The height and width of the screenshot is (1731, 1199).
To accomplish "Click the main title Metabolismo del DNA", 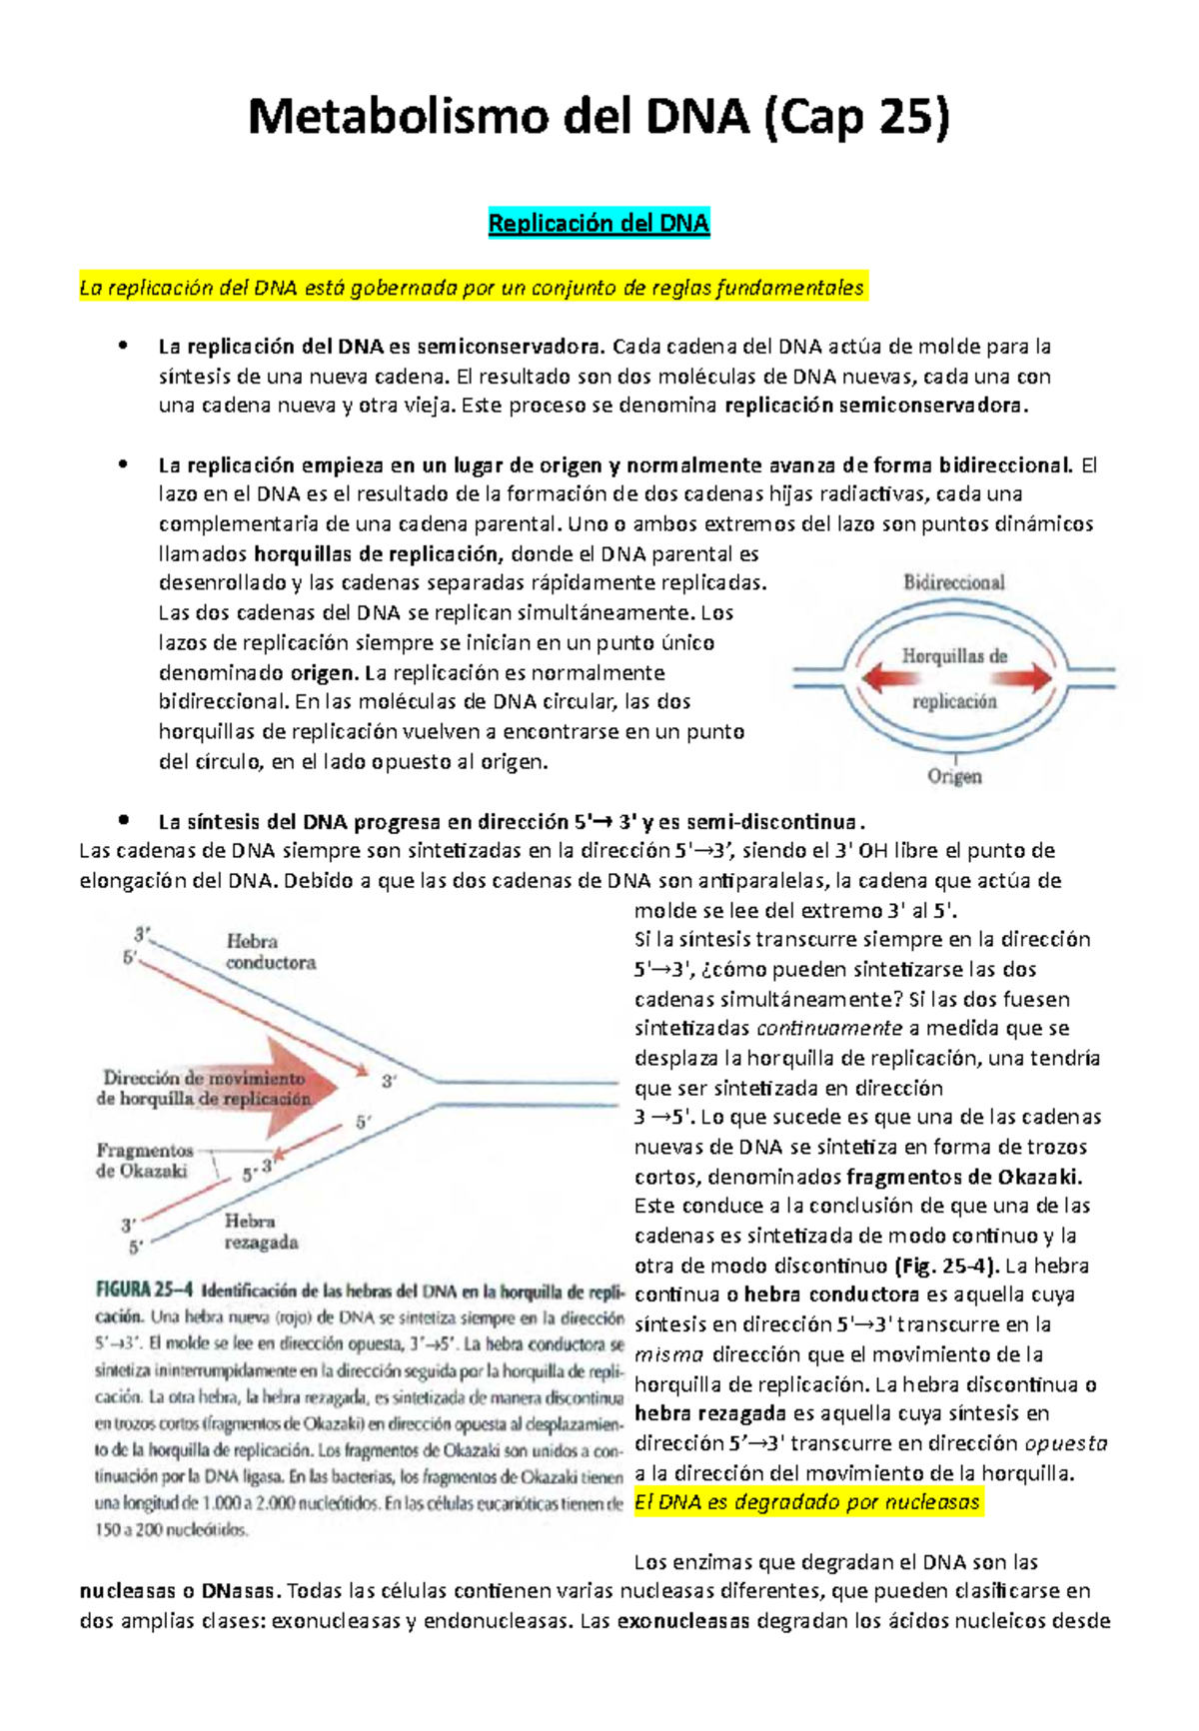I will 598,118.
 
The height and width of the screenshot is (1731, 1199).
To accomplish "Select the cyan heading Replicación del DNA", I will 599,223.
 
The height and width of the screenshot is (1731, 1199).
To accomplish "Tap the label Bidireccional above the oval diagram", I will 954,581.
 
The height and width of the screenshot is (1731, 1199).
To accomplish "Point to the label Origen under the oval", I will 954,776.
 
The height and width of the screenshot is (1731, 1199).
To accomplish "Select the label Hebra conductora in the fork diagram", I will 270,952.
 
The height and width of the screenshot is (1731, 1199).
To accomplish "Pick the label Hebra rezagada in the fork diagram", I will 260,1232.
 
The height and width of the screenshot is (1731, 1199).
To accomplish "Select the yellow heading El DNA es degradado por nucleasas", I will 807,1502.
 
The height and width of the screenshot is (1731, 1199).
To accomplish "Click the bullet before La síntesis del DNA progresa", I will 124,821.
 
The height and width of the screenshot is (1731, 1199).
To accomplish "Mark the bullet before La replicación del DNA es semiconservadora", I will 124,347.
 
